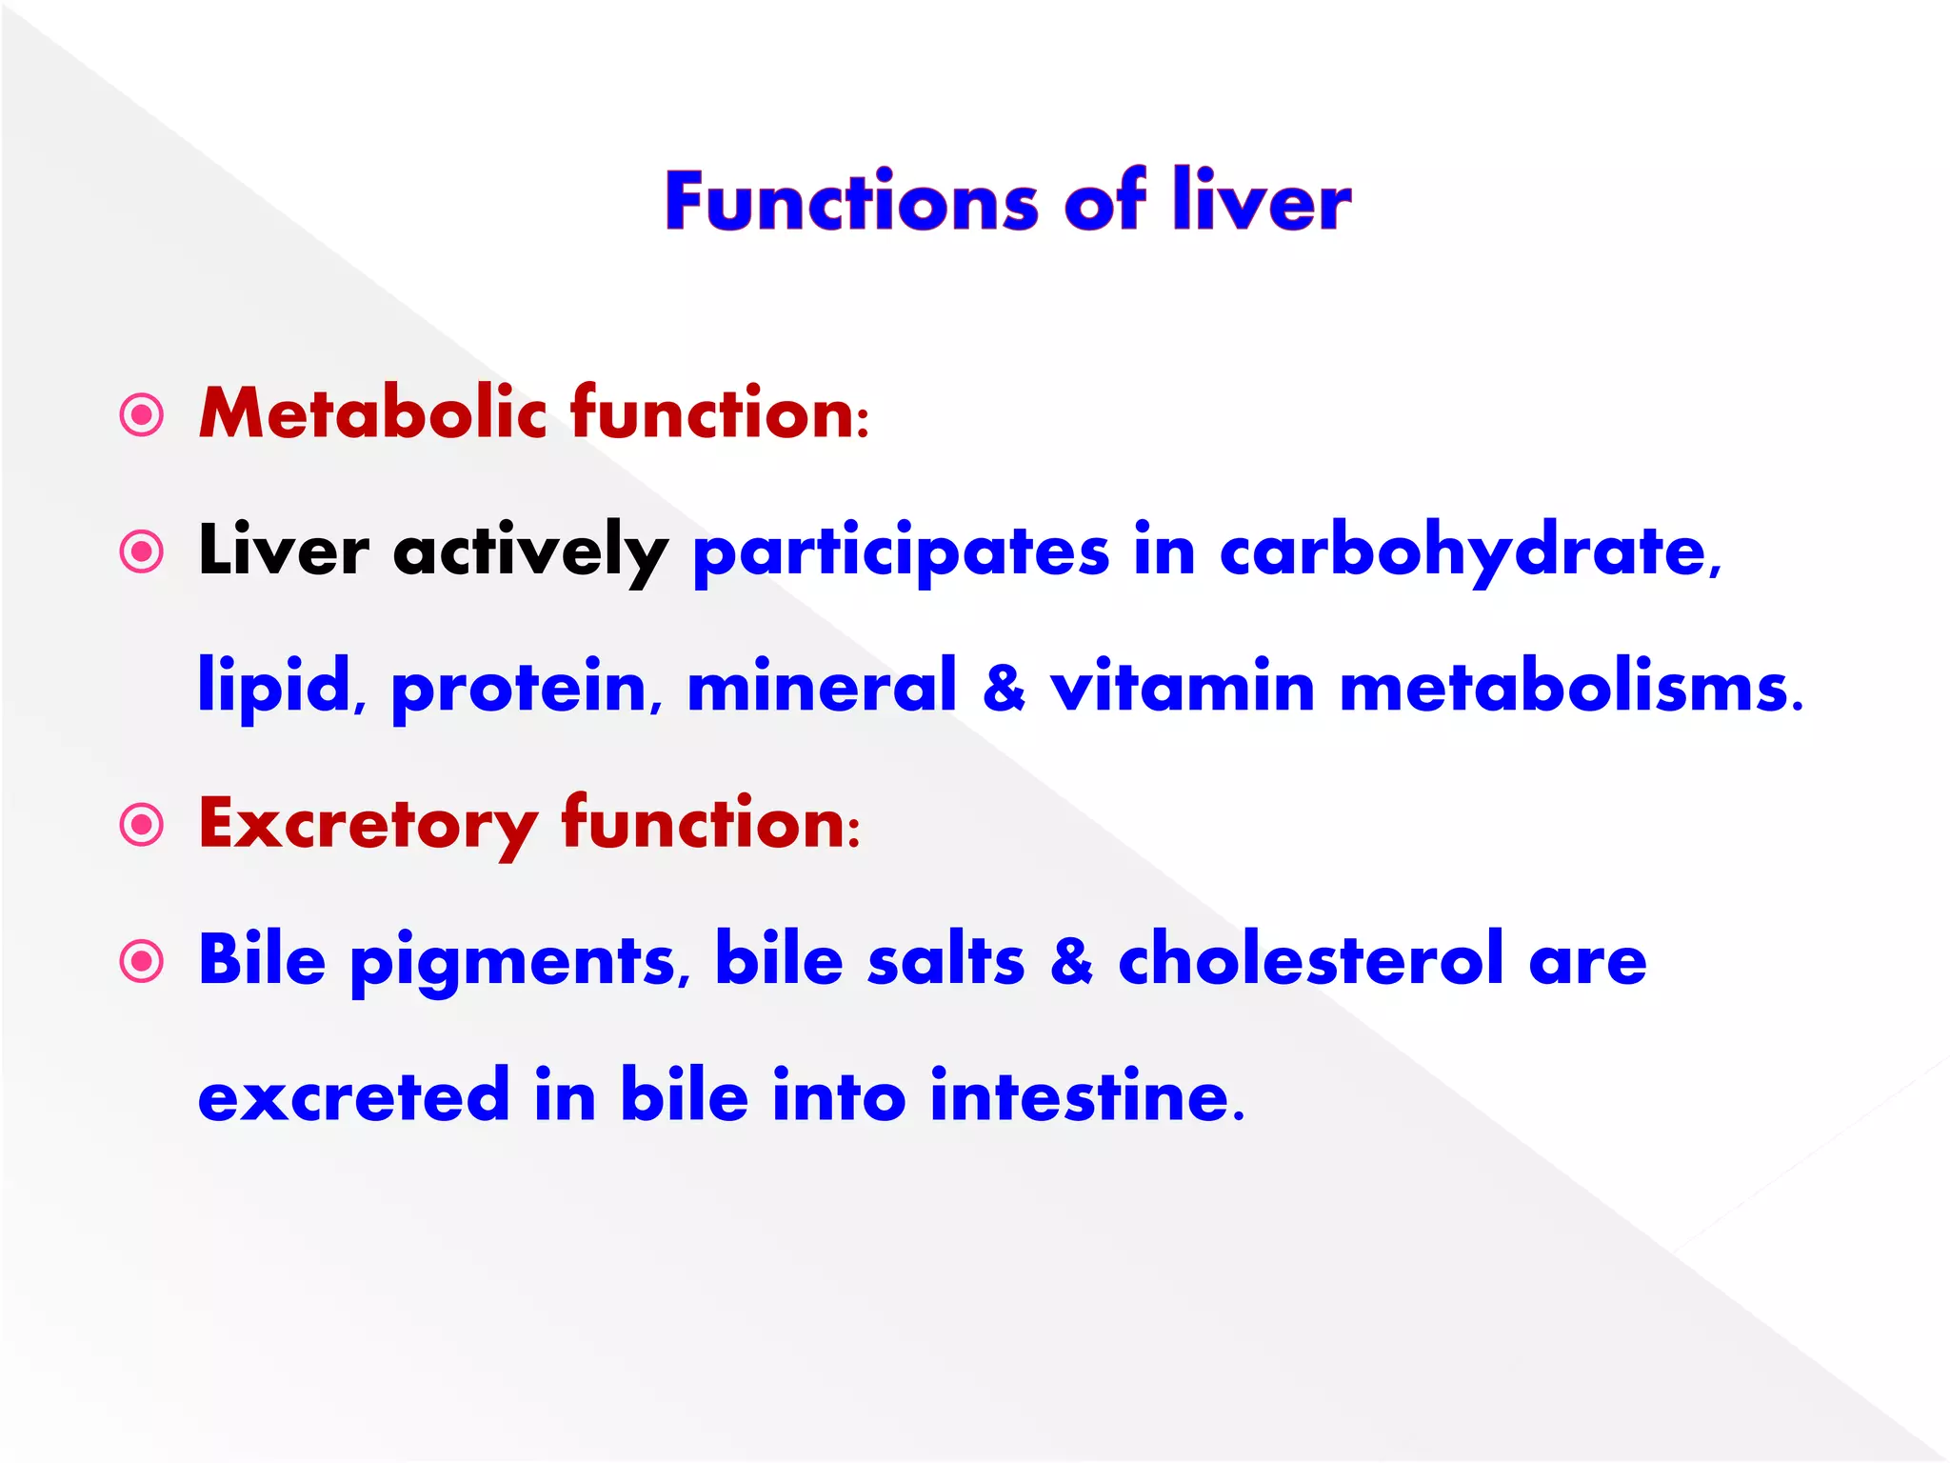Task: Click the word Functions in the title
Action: [x=851, y=202]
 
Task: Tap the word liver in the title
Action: [x=1261, y=202]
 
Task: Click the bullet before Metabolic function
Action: [x=142, y=415]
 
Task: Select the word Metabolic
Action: [x=371, y=413]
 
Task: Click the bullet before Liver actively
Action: [x=142, y=551]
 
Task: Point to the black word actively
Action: [x=530, y=552]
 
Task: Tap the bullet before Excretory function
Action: [x=142, y=825]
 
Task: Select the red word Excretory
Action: [x=368, y=825]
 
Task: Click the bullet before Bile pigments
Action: [x=142, y=961]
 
